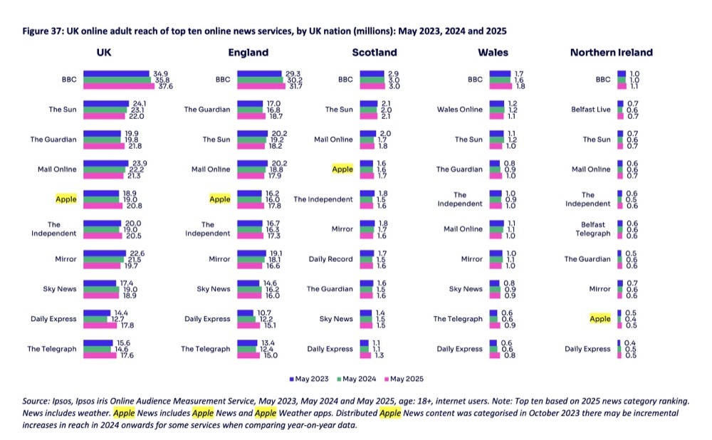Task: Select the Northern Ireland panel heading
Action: click(611, 52)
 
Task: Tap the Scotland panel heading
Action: click(375, 52)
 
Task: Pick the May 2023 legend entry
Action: click(310, 379)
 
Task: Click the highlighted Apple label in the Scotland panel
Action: click(342, 169)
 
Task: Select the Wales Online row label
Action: click(459, 110)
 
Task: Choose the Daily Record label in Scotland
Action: click(330, 259)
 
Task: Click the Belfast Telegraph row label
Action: click(592, 229)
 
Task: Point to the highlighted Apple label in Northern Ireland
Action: click(600, 319)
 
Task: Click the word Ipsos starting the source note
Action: click(62, 402)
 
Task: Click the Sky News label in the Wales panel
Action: click(466, 289)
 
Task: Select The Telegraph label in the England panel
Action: click(206, 349)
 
